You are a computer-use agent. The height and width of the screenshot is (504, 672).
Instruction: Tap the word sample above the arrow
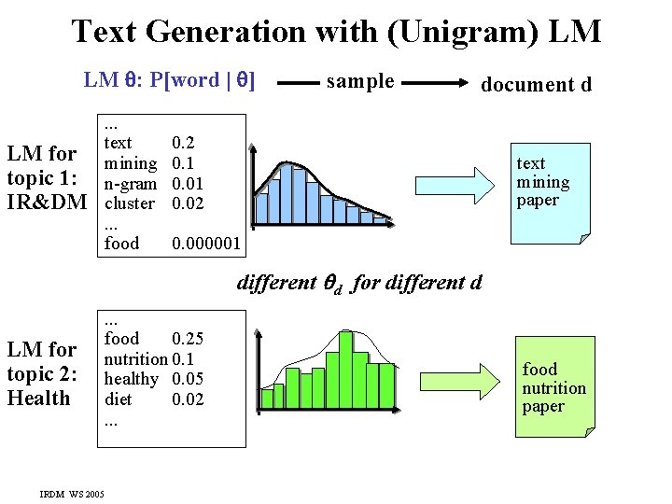[360, 81]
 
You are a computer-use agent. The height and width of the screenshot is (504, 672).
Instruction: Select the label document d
[536, 84]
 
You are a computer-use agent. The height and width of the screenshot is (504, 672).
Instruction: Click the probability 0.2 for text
[184, 144]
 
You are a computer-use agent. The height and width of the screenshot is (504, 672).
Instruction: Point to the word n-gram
[131, 184]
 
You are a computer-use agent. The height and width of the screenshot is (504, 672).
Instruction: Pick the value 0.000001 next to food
[206, 244]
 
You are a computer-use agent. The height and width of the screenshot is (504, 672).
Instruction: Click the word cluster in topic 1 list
[130, 203]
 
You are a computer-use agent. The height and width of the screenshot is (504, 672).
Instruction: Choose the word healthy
[132, 379]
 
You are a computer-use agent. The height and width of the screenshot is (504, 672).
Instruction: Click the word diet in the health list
[118, 399]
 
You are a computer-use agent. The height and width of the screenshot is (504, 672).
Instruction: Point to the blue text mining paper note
[553, 192]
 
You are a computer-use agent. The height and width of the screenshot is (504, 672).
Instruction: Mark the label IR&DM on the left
[47, 202]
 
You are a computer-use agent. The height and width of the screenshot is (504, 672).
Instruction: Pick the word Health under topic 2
[38, 399]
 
